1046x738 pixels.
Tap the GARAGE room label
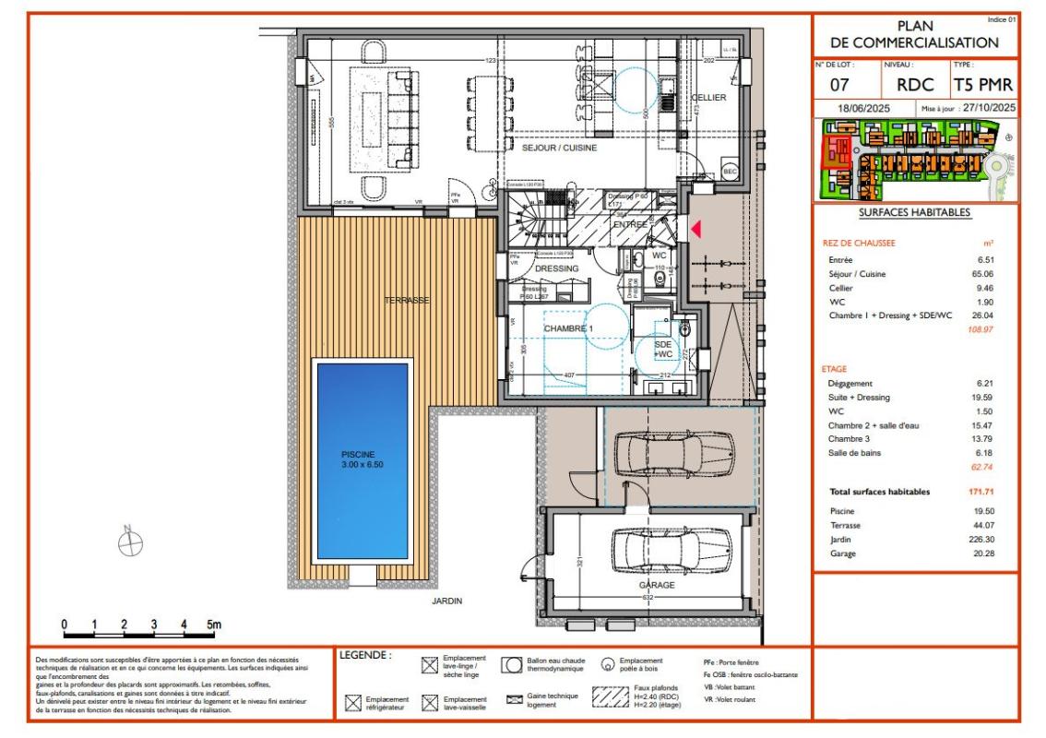click(x=657, y=585)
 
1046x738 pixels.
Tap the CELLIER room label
click(x=709, y=97)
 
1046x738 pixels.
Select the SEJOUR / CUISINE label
click(x=559, y=148)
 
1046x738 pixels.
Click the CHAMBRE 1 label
click(x=568, y=328)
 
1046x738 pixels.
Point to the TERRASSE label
click(x=407, y=301)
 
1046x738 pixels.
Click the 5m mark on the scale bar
click(x=213, y=625)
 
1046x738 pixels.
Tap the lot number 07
click(x=839, y=86)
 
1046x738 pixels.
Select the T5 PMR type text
click(x=983, y=86)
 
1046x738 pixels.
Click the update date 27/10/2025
click(x=988, y=108)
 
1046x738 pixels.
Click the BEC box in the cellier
click(x=730, y=172)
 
